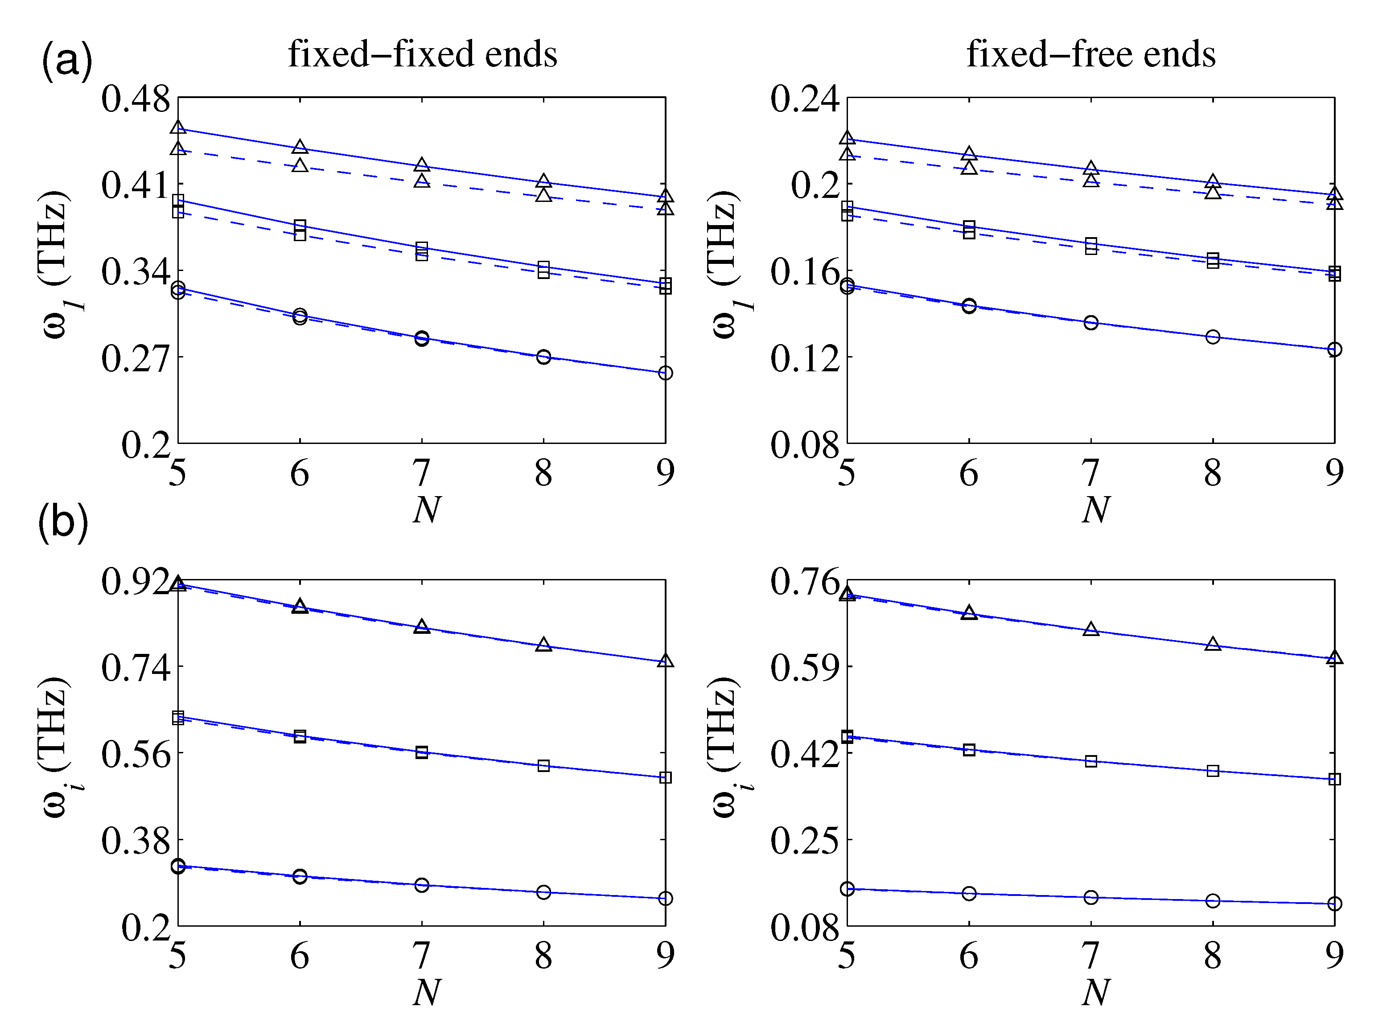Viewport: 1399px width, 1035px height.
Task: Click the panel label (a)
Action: [66, 61]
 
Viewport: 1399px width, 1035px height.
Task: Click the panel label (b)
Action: [63, 522]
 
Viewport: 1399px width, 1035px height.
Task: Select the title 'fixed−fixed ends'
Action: [422, 54]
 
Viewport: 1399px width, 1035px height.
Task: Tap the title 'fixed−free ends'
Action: [1091, 54]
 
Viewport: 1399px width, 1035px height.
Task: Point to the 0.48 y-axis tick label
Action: [136, 99]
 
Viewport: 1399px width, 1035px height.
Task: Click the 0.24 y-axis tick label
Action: [804, 99]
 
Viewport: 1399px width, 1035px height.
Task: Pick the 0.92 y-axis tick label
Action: [136, 581]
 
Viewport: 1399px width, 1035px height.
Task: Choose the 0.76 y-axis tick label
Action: [804, 581]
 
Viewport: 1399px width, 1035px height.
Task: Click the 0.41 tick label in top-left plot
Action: [136, 185]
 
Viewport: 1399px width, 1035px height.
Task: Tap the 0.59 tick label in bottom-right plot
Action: [804, 668]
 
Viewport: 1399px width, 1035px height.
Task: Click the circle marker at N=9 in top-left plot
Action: [665, 373]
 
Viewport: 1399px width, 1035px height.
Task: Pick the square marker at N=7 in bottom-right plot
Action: [1091, 761]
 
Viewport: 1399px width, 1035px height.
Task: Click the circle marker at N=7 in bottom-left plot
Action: [422, 885]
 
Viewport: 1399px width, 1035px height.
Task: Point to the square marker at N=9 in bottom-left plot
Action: [665, 777]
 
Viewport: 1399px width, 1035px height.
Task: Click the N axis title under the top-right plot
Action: [1095, 509]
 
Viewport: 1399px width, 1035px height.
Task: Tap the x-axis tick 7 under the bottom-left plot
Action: [422, 955]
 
